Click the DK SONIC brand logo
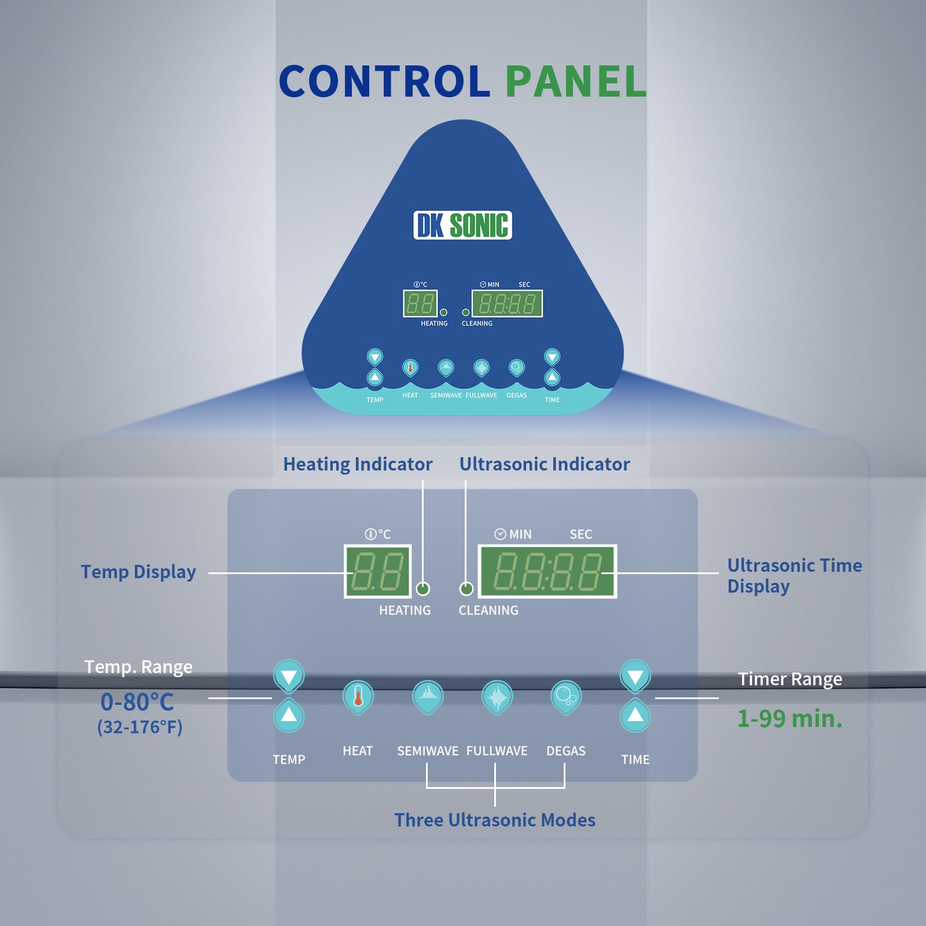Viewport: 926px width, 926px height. coord(462,225)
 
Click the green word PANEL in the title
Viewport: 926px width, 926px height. coord(576,81)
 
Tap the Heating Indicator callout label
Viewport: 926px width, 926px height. coord(358,464)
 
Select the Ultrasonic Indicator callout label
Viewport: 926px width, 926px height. coord(544,464)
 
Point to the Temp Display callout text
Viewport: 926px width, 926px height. coord(138,572)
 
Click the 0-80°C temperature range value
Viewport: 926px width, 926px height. coord(137,702)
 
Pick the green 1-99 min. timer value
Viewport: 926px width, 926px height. coord(789,719)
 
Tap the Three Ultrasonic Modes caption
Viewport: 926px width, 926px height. coord(495,820)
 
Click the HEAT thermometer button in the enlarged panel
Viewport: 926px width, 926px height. coord(358,697)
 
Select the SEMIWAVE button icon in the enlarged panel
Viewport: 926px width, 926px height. coord(428,697)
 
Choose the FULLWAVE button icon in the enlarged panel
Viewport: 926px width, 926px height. coord(497,697)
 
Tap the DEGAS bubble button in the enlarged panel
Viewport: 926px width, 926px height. coord(565,697)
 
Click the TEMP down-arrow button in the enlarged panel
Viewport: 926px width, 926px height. coord(289,676)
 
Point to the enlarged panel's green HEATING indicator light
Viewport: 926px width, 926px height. coord(423,589)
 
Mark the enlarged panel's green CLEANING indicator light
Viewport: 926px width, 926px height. coord(466,589)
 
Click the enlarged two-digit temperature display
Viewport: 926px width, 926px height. coord(378,571)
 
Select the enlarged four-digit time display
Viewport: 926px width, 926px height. coord(547,571)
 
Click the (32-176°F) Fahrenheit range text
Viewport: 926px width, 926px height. coord(139,727)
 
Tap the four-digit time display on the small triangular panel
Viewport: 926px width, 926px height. coord(507,304)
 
